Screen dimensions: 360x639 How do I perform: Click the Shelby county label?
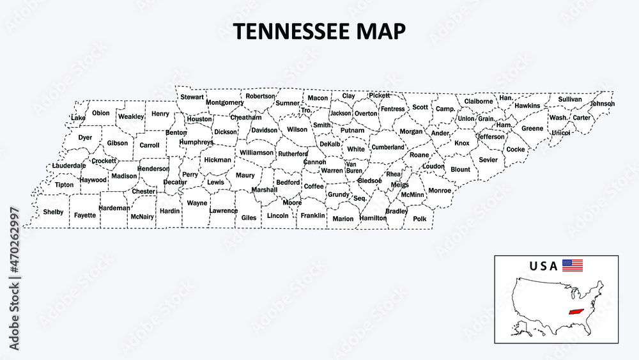(x=53, y=212)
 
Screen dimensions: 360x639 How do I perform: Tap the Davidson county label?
(x=265, y=130)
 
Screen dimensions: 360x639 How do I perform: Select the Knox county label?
(x=461, y=143)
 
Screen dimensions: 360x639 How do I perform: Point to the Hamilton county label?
(x=373, y=218)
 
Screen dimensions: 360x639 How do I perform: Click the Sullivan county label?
(x=570, y=100)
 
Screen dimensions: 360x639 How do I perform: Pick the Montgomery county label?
(x=225, y=102)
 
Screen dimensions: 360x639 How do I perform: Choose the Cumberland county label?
(x=389, y=147)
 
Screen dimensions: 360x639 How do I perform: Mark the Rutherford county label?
(x=293, y=153)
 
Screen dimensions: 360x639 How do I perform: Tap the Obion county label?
(x=101, y=113)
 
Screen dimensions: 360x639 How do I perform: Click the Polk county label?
(x=420, y=219)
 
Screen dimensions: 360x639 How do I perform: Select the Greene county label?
(x=532, y=129)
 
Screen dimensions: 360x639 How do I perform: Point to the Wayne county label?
(x=197, y=203)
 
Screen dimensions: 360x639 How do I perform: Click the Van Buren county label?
(x=354, y=168)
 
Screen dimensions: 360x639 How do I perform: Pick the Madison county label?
(x=124, y=176)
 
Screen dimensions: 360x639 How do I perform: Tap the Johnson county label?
(x=603, y=104)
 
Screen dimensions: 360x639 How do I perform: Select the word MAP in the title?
(x=385, y=32)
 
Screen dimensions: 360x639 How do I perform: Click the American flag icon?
(x=573, y=265)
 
